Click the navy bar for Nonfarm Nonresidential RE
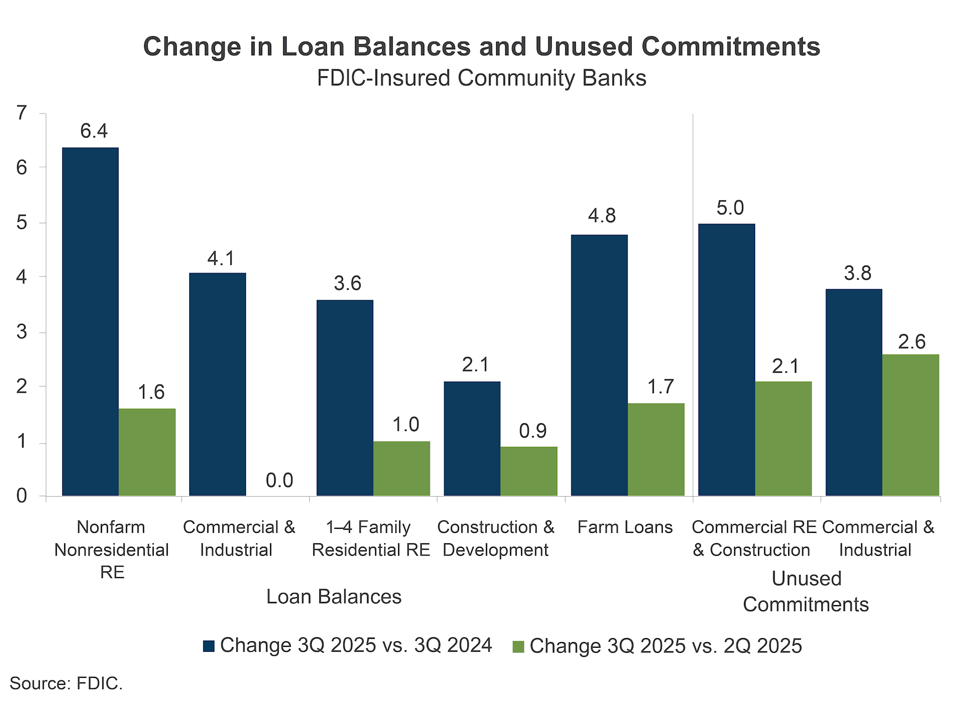(x=90, y=321)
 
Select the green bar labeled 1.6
(x=147, y=452)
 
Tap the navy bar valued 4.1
(x=217, y=384)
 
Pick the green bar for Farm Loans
(x=656, y=449)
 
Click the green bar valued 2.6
(x=910, y=425)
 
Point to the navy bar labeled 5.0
(x=727, y=360)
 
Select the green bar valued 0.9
(x=529, y=471)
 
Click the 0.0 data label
(x=279, y=481)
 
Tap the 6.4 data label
(x=94, y=131)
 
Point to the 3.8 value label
(x=858, y=273)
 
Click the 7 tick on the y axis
(x=21, y=113)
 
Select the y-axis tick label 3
(x=21, y=332)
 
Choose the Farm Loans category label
(x=625, y=527)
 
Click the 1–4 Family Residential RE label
(x=371, y=538)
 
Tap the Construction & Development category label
(x=496, y=538)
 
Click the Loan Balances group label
(x=333, y=597)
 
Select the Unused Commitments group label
(x=806, y=592)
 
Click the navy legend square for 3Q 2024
(x=208, y=646)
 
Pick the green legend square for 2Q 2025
(x=518, y=646)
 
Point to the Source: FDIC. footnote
(x=66, y=683)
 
